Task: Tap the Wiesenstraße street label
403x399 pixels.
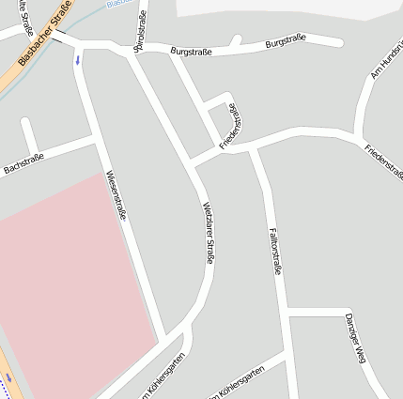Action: [x=117, y=196]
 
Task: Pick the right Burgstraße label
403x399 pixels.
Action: [x=287, y=43]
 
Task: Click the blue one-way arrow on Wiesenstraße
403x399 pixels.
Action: [x=78, y=59]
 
